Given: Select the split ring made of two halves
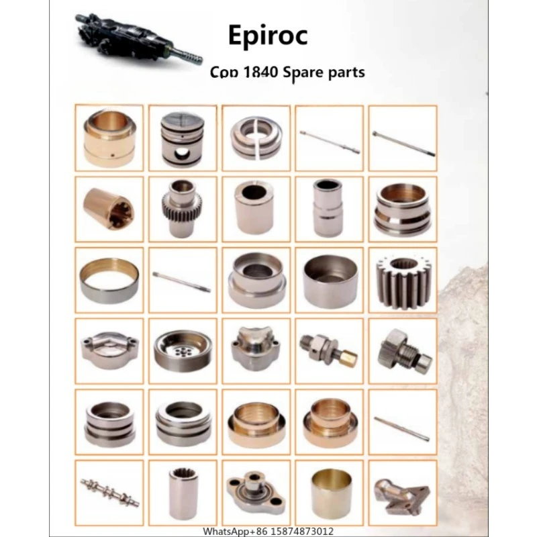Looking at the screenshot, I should (x=256, y=138).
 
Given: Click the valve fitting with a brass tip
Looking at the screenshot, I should (x=329, y=350).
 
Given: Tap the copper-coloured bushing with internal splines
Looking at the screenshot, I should (x=109, y=208).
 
